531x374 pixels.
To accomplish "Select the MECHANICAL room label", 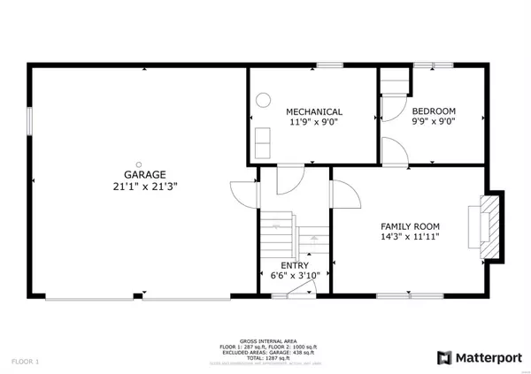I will [x=313, y=111].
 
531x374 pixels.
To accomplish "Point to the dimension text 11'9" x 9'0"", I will [x=313, y=123].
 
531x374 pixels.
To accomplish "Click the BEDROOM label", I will [x=434, y=111].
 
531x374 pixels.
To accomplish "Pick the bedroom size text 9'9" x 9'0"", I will [x=434, y=123].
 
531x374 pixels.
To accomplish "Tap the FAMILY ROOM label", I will [x=410, y=226].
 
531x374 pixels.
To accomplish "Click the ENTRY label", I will [x=294, y=265].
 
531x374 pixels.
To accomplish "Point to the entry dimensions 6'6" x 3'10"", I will [x=294, y=277].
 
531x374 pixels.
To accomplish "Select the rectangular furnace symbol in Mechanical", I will [x=263, y=141].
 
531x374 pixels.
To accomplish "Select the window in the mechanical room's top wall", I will [x=331, y=65].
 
